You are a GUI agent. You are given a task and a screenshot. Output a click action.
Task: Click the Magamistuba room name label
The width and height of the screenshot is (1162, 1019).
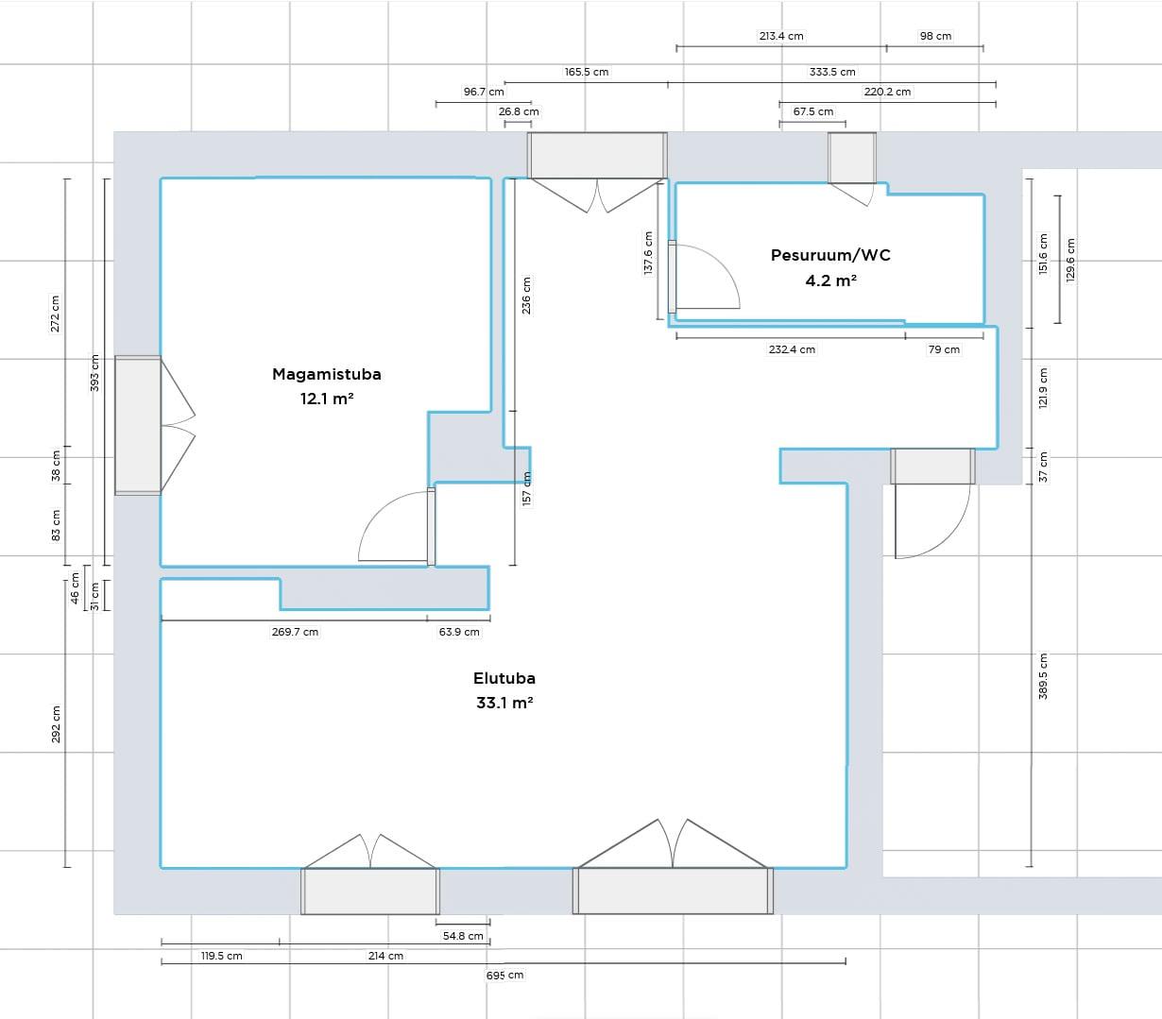[326, 375]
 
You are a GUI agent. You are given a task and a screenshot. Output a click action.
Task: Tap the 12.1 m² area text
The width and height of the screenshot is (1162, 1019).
[326, 399]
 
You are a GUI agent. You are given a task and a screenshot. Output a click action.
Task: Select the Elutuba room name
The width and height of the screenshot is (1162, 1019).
[504, 678]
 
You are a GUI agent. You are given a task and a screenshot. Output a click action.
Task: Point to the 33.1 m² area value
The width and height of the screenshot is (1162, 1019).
[504, 703]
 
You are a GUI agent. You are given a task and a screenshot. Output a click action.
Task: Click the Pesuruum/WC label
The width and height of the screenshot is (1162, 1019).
[830, 255]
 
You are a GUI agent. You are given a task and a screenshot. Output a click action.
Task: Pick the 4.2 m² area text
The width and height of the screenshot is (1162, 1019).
[830, 281]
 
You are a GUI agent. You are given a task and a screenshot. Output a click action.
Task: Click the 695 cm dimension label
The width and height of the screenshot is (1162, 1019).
[504, 975]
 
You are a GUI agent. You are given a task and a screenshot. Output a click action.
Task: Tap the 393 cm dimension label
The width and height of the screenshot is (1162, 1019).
[94, 373]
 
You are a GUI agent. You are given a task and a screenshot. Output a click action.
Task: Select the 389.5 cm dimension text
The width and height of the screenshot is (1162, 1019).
[1043, 676]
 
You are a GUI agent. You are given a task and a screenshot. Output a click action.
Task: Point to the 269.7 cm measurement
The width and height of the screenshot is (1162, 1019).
[295, 632]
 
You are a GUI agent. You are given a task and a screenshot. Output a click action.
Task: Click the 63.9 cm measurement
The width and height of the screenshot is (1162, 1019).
[459, 632]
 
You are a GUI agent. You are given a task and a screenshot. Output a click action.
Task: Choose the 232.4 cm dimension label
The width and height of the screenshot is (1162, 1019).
[792, 349]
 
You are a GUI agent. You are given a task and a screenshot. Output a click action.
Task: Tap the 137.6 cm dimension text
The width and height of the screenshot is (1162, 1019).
[648, 253]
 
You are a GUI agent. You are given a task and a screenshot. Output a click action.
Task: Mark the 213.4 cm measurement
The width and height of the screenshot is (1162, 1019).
[781, 36]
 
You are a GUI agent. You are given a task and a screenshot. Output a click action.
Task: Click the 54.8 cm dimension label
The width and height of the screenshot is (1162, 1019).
[463, 936]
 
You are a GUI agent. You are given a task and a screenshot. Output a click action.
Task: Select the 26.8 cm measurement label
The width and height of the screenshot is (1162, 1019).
[519, 111]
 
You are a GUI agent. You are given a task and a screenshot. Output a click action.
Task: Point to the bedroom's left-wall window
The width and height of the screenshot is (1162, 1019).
[138, 425]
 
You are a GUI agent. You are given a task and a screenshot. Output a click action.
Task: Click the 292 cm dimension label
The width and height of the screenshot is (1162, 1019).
[56, 724]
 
